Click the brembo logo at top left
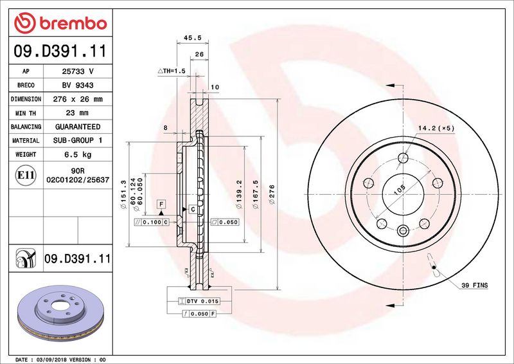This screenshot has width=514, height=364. tap(60, 23)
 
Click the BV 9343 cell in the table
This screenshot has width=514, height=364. tap(78, 86)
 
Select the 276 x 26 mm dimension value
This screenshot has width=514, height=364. tap(78, 99)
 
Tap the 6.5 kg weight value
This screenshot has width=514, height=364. tap(78, 154)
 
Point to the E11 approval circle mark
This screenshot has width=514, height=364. tap(26, 176)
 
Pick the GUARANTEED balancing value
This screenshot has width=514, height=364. tap(78, 127)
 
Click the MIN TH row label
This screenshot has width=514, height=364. tap(26, 113)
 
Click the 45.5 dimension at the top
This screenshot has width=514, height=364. tap(192, 38)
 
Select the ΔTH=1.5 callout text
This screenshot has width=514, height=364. tap(172, 71)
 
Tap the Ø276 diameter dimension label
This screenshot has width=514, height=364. tap(272, 195)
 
